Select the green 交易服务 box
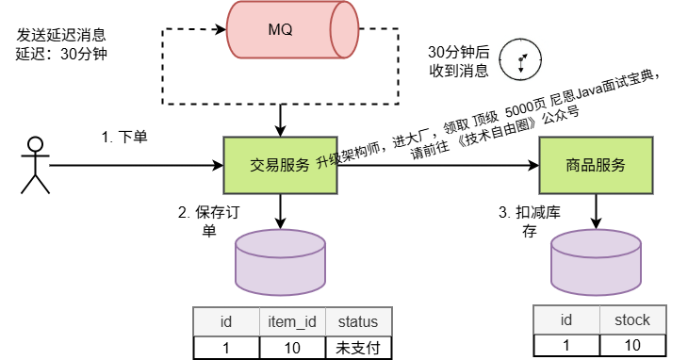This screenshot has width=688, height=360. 280,165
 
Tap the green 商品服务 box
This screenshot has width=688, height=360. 596,165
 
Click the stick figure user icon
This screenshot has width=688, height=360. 35,165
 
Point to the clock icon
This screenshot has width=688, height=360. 518,58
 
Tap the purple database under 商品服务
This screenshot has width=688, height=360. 596,258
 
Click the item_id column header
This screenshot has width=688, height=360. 292,321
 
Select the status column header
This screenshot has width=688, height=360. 357,321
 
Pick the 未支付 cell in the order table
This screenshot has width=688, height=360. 357,346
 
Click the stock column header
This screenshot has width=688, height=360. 631,320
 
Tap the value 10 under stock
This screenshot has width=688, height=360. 631,345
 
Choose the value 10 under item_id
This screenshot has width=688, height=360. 292,346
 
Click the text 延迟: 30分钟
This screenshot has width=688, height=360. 62,54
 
